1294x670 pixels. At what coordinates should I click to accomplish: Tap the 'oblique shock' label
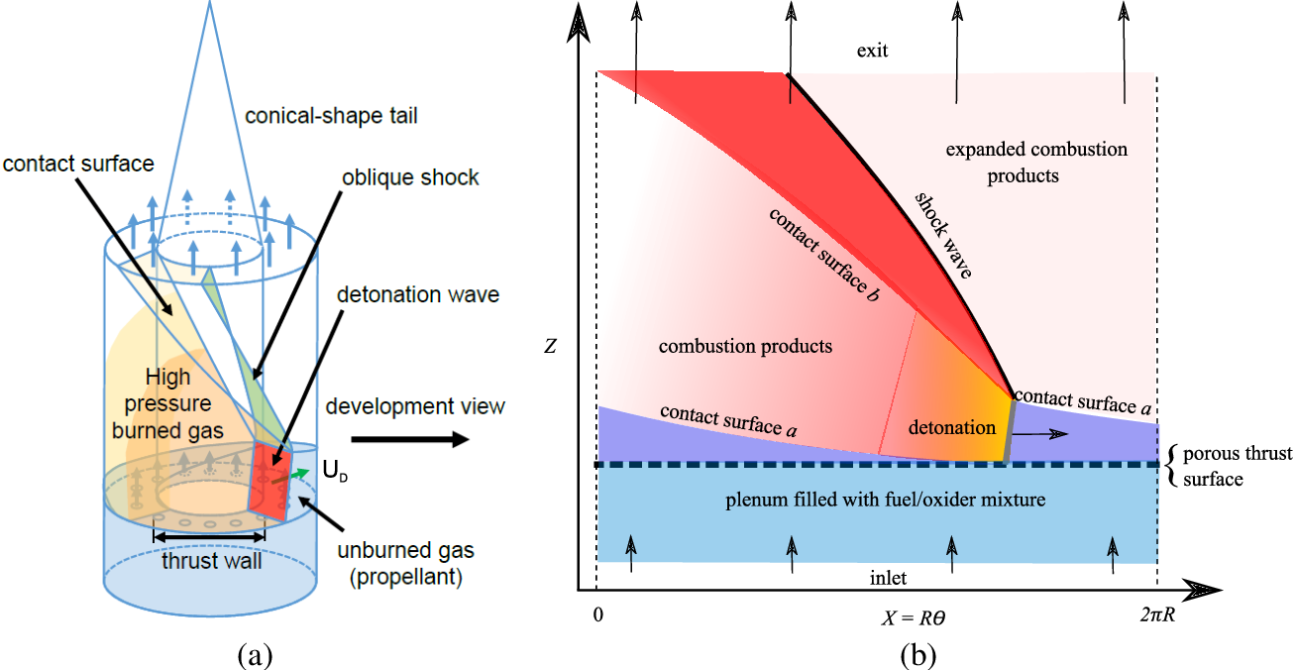409,177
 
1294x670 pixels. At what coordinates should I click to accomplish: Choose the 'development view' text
415,405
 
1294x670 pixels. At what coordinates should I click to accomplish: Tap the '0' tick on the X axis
596,613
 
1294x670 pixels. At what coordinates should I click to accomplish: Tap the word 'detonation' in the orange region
952,428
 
